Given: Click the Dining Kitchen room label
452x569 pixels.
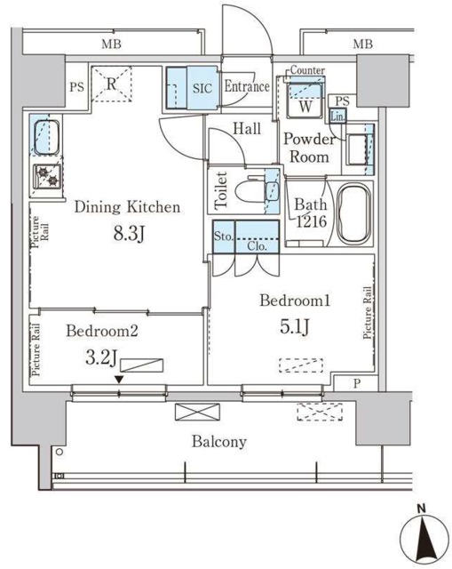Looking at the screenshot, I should click(x=127, y=207).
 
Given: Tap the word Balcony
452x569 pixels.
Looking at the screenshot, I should click(x=218, y=441).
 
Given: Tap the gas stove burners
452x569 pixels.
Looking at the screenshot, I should click(x=44, y=176).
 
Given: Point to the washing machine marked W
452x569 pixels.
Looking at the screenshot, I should click(x=305, y=98).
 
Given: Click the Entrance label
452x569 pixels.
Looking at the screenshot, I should click(x=247, y=87).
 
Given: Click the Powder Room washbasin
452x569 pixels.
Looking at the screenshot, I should click(x=357, y=148).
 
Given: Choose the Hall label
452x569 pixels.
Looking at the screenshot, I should click(x=247, y=129).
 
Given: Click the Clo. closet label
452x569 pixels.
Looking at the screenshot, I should click(x=258, y=246).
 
